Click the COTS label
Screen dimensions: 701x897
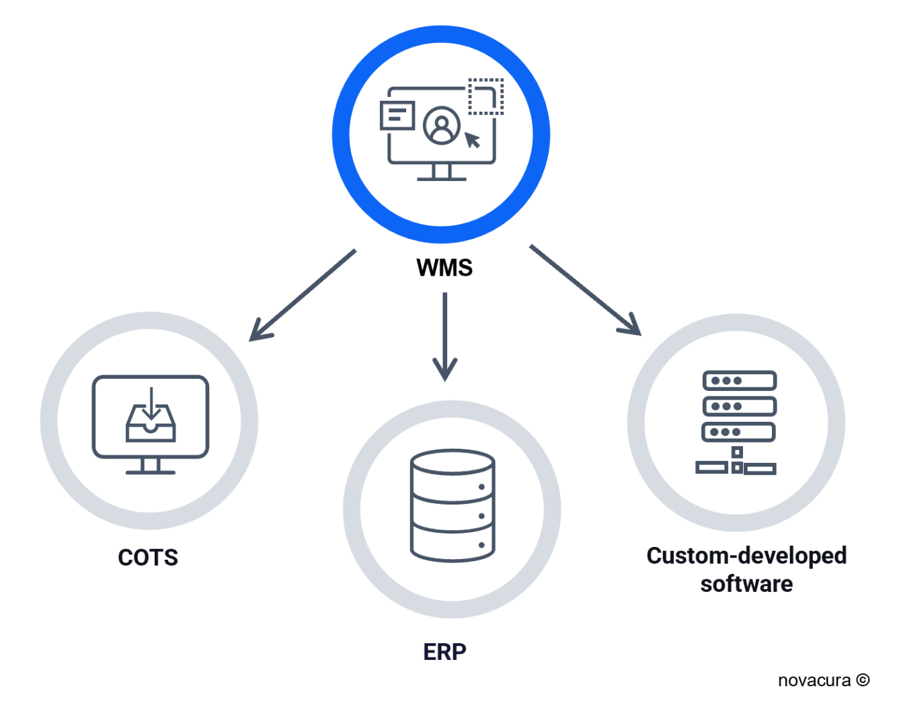pos(148,557)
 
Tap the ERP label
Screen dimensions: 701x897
pos(444,651)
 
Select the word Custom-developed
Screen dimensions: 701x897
pos(746,556)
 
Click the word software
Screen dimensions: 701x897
pos(746,583)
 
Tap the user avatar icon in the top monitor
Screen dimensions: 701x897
pos(442,126)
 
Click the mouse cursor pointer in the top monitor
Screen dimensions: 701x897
pos(473,140)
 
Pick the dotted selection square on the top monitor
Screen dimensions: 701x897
pos(485,96)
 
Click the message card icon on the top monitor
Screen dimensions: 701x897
pos(397,115)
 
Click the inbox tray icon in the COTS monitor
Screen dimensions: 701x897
pos(151,425)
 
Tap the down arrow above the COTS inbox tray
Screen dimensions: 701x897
pos(151,401)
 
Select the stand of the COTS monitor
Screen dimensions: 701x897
pos(151,466)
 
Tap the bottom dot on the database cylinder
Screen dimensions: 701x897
pos(481,545)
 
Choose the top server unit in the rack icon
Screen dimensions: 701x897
pos(740,381)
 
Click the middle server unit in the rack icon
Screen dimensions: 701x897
pos(740,406)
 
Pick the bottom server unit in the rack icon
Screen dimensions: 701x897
pos(740,432)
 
